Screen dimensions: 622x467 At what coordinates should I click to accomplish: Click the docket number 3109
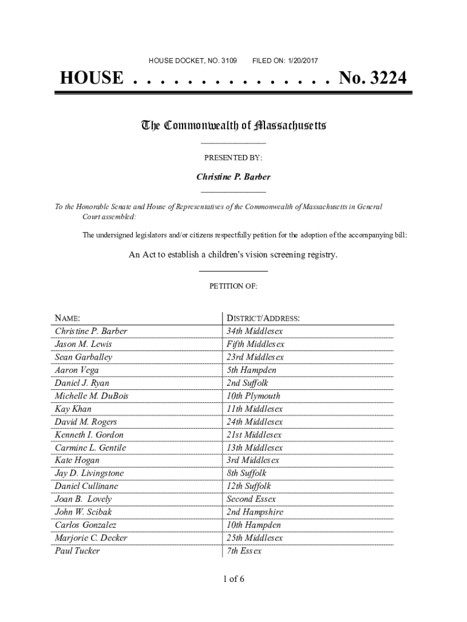point(229,61)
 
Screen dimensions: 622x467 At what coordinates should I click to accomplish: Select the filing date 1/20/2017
point(300,61)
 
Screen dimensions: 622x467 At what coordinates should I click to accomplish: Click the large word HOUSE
point(91,78)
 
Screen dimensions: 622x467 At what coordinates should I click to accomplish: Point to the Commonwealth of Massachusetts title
point(233,126)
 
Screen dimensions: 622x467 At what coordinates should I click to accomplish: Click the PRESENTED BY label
point(233,157)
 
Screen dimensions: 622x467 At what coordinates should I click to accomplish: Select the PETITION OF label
point(233,285)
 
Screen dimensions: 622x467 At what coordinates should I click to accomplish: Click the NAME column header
point(67,318)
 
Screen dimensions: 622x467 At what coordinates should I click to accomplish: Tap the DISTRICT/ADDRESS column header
point(263,318)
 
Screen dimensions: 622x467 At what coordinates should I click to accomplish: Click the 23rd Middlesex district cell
point(255,357)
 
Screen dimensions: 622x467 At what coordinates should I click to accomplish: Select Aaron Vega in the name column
point(76,370)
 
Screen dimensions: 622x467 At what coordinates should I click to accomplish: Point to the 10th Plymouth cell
point(253,396)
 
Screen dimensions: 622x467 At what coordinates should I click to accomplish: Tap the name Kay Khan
point(73,409)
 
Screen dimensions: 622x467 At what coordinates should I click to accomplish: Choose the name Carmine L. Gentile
point(90,448)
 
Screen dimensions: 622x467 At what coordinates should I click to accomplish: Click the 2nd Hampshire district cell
point(255,512)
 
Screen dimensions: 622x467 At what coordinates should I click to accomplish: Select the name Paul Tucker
point(77,551)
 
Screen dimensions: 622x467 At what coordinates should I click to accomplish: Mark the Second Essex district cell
point(251,499)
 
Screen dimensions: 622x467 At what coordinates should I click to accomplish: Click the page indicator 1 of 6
point(233,579)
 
